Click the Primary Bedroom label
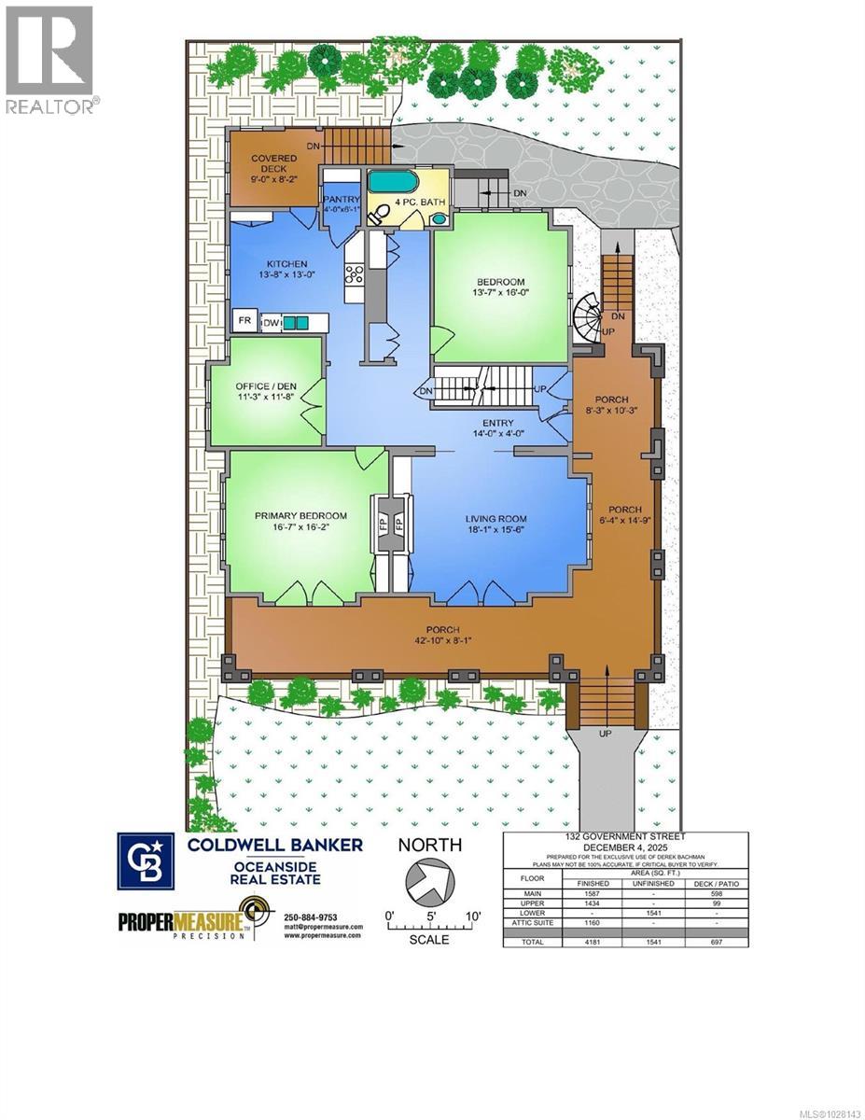click(300, 516)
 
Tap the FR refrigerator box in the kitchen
click(244, 320)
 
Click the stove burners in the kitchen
click(355, 274)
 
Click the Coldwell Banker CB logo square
click(145, 861)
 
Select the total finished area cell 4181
click(593, 942)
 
